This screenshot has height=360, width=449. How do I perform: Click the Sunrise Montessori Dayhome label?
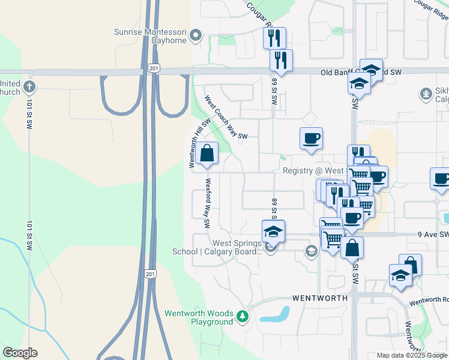pos(151,36)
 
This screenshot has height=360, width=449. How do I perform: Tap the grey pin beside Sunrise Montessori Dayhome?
pos(194,37)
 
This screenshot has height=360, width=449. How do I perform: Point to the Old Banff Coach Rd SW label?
pos(360,73)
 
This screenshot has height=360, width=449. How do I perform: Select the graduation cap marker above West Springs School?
pos(273,232)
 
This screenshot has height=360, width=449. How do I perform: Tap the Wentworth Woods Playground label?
pos(199,317)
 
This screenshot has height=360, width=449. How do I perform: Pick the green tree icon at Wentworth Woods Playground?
pos(242,316)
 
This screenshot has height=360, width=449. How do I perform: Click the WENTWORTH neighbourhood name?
pos(320,298)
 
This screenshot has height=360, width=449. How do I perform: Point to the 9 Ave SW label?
pos(436,235)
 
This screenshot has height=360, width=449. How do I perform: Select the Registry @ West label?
pos(313,171)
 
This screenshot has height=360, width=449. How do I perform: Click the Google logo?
pos(20,353)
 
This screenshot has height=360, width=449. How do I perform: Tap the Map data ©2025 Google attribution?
pos(412,356)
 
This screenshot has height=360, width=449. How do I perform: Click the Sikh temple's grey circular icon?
pos(426,94)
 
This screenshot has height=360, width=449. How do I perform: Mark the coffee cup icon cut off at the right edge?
pos(441,179)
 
